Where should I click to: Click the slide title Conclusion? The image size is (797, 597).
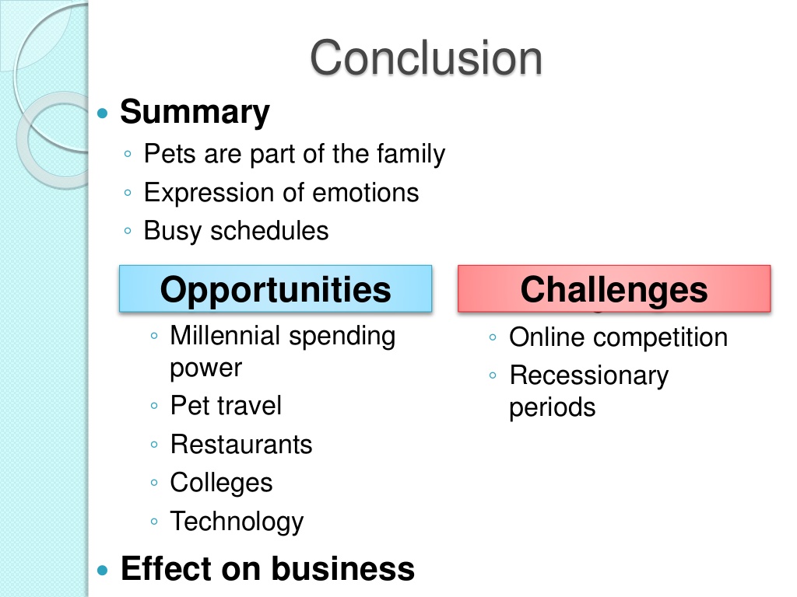point(426,58)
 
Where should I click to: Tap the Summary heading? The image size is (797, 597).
point(195,112)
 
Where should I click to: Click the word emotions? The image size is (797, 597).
point(366,193)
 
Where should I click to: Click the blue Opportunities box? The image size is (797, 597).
point(276,288)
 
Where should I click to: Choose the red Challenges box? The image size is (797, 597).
point(614,288)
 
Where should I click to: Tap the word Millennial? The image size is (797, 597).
point(225,336)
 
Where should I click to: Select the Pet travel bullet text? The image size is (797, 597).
point(226,406)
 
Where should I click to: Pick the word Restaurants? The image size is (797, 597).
point(241,445)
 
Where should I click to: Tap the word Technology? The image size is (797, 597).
point(237,522)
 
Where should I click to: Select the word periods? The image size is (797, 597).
point(553,408)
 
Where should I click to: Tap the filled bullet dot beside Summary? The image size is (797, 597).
point(103,113)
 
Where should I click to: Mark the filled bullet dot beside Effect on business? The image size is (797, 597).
point(103,570)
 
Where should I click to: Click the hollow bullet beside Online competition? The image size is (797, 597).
point(493,337)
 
